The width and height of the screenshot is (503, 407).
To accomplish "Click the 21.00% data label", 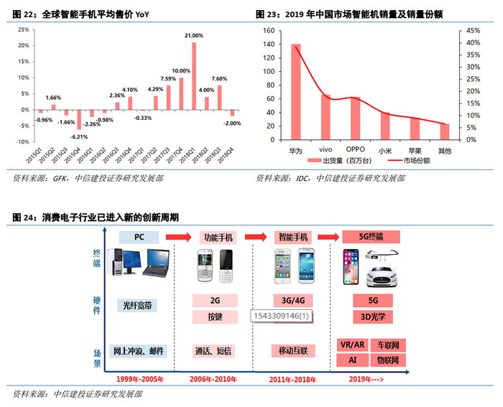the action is point(194,35).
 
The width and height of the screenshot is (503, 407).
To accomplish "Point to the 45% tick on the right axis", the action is point(473,30).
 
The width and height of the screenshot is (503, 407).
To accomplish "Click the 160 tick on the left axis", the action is point(269,30).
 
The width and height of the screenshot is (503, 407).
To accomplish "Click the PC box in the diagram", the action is point(139,236).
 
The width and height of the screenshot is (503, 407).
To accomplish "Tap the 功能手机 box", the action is point(216,236).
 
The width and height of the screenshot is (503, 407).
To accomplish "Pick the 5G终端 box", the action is point(372,236).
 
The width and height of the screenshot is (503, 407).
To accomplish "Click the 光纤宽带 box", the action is point(139,305).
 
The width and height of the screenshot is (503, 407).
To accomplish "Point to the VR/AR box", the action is point(352,345).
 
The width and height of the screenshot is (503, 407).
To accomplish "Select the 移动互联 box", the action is point(293,351).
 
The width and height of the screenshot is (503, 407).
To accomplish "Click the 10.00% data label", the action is point(181,70).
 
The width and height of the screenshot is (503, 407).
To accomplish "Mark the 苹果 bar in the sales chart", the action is point(415,128).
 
